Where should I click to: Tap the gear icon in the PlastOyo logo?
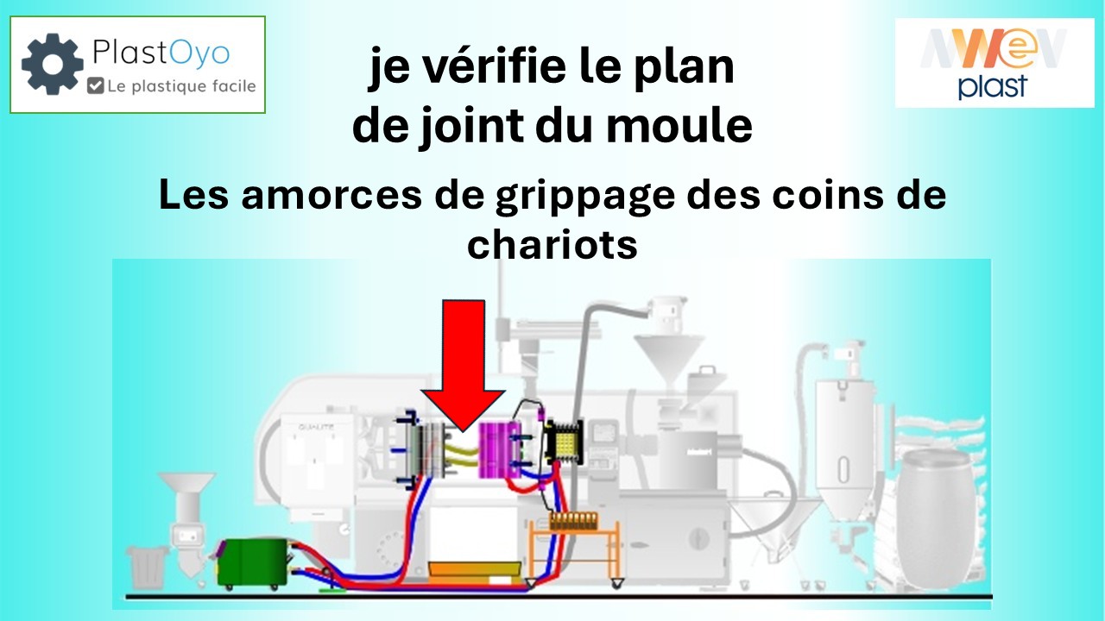53,64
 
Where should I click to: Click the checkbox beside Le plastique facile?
95,85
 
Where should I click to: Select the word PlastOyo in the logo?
161,53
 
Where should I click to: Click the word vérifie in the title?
496,67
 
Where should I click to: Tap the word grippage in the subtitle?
585,197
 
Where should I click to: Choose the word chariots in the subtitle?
552,244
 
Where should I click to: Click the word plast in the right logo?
993,86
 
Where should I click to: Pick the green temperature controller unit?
253,563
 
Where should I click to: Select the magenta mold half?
500,450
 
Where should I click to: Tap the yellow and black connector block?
565,443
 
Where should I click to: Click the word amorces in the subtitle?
331,195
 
